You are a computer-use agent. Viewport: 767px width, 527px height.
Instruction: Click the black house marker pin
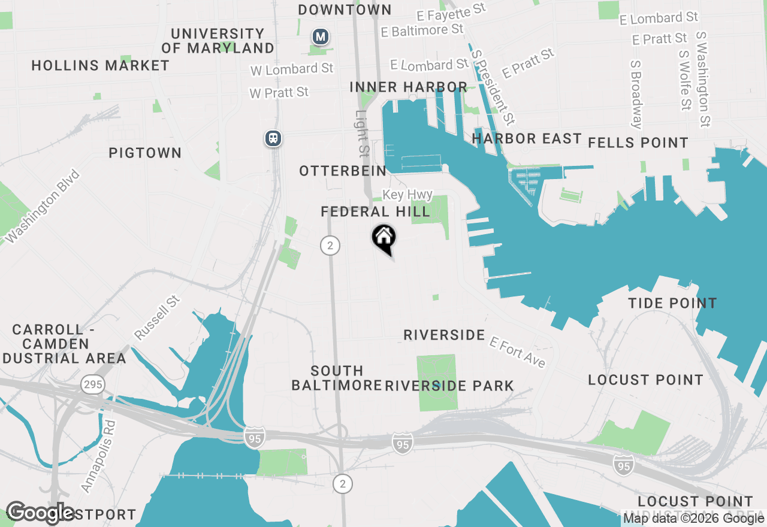[384, 238]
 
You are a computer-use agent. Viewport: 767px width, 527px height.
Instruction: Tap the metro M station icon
[321, 37]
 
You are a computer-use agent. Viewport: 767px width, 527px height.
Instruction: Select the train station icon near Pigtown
[274, 139]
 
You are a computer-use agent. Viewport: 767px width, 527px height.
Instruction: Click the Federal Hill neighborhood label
[375, 211]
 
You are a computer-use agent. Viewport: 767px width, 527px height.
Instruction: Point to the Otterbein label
[343, 171]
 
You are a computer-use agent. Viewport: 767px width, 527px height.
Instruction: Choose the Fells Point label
[638, 143]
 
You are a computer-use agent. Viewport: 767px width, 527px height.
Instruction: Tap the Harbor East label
[527, 139]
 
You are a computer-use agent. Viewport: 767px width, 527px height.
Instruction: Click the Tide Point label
[672, 303]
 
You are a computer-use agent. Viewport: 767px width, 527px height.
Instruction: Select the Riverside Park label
[449, 386]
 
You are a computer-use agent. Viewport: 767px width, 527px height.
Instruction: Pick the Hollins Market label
[101, 65]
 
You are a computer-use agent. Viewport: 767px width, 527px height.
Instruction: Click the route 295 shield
[93, 384]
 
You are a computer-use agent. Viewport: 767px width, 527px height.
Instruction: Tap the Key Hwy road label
[407, 195]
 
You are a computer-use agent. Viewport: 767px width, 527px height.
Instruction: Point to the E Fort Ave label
[518, 352]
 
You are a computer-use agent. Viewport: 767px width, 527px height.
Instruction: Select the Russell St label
[157, 317]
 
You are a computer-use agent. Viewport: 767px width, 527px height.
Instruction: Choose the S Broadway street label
[636, 94]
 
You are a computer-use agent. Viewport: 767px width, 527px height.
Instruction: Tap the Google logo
[40, 513]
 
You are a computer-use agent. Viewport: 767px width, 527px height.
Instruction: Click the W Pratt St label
[279, 92]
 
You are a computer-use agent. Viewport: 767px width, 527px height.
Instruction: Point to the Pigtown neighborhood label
[145, 153]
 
